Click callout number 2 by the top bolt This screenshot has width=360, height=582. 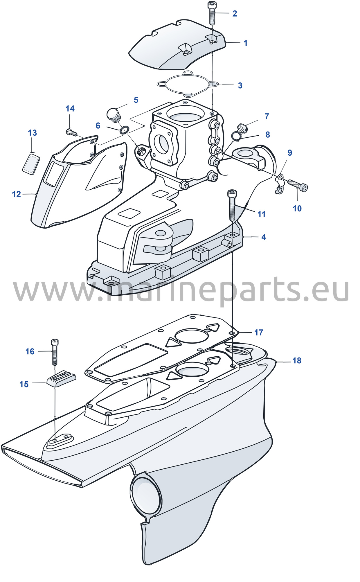[x=235, y=14]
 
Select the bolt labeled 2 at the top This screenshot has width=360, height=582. [x=212, y=13]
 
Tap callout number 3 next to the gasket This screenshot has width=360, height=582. [x=240, y=85]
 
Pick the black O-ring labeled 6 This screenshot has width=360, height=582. [x=125, y=130]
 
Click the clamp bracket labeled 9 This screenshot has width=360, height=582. [x=280, y=184]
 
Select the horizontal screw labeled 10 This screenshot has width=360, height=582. [x=298, y=185]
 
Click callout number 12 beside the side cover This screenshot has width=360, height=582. [x=17, y=194]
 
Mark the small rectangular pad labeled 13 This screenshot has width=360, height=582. [x=31, y=164]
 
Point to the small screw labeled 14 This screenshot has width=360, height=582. [x=71, y=132]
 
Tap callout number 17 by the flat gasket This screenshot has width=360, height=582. [x=259, y=333]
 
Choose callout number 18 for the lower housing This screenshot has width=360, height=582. [x=297, y=361]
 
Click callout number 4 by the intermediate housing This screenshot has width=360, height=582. [x=264, y=237]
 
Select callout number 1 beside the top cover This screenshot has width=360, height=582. [x=245, y=43]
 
